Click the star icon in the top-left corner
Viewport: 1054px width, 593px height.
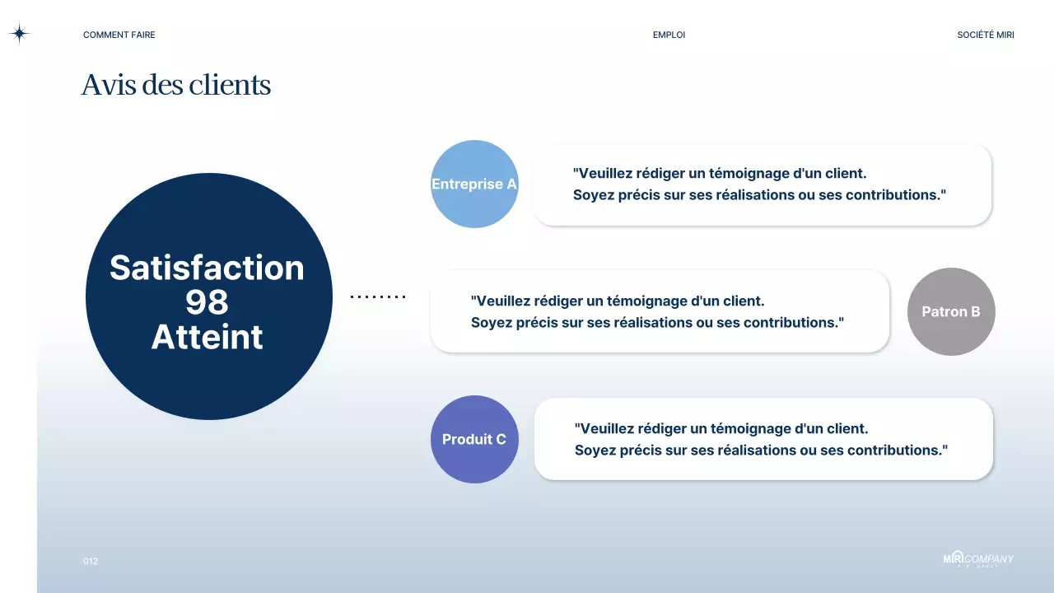coord(19,34)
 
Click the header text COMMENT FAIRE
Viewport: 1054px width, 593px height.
coord(119,35)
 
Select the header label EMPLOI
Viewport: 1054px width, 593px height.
coord(669,35)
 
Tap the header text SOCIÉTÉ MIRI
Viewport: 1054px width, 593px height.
coord(985,35)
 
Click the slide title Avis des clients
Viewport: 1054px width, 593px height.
coord(175,86)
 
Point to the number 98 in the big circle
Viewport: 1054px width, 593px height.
coord(207,303)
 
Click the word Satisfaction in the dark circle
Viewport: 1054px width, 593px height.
coord(207,268)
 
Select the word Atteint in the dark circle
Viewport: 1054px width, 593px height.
coord(207,338)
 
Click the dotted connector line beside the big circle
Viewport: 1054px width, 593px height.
coord(378,296)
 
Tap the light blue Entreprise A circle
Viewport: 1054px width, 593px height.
coord(474,184)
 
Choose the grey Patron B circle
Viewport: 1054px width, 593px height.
coord(951,311)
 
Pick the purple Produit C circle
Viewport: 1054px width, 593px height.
coord(474,439)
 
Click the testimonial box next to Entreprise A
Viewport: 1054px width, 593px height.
coord(762,184)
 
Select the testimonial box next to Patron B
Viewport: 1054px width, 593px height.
coord(660,311)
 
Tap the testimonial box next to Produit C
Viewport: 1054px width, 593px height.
coord(763,439)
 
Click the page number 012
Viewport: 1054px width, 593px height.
coord(91,561)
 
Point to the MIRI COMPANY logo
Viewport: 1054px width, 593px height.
coord(978,559)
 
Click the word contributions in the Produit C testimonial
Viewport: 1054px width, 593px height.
coord(903,451)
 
